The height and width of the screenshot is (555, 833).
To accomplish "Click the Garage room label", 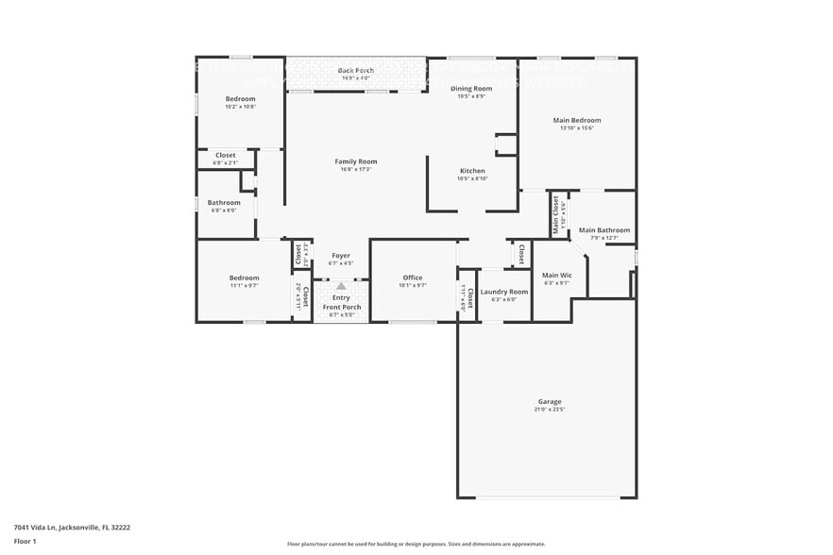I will [x=550, y=401].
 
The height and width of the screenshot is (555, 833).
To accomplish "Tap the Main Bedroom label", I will [x=577, y=120].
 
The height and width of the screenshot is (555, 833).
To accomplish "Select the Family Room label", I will [x=356, y=161].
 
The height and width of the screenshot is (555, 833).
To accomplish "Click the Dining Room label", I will [x=471, y=88].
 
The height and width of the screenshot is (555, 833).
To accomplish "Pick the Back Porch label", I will [x=356, y=71].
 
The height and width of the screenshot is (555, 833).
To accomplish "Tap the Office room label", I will [x=413, y=277].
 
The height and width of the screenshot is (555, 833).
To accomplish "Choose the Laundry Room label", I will [x=504, y=292].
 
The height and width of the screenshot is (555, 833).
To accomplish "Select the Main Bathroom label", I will [x=604, y=229].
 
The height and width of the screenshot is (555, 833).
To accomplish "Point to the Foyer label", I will [x=341, y=256].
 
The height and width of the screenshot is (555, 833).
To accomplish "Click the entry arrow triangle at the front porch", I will [x=341, y=285].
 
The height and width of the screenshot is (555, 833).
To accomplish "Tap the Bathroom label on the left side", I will [x=224, y=202].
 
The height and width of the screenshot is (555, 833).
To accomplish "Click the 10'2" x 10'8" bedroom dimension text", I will [x=240, y=107].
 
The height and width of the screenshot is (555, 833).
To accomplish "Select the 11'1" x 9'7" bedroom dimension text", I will [x=244, y=285].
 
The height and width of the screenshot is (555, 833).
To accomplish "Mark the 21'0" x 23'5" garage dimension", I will [x=550, y=409].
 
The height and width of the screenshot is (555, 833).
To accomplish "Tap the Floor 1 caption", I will [x=25, y=541].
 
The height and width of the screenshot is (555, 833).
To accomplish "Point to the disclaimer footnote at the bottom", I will [x=416, y=544].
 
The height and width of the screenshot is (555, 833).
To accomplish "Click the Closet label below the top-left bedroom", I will [x=226, y=155].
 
